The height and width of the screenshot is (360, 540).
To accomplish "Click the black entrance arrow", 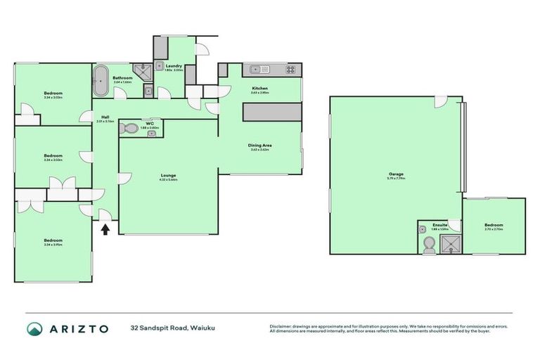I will (x=105, y=229).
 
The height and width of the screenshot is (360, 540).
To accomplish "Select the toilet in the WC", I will (x=129, y=129).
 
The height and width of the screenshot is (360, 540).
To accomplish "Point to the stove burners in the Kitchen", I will (x=291, y=69).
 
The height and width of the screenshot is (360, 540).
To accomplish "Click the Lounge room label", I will (x=168, y=175).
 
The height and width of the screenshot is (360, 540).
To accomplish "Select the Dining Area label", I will (x=259, y=146).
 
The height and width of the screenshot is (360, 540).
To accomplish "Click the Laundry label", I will (x=173, y=66).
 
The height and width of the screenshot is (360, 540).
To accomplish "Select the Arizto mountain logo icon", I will (x=34, y=328).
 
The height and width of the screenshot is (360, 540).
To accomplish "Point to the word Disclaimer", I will (x=281, y=326).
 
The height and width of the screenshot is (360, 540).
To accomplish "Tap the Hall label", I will (x=105, y=117).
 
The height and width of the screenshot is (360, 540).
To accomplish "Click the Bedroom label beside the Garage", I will (x=494, y=225).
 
